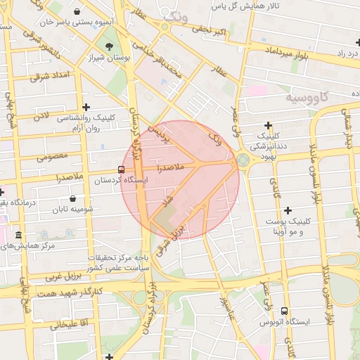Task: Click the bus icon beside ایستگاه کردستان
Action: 122,169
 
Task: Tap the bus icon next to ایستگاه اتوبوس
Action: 284,311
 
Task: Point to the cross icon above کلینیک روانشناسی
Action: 86,107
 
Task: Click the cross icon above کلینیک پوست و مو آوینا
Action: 288,210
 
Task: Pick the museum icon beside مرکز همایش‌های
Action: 18,235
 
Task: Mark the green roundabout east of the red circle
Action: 243,161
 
